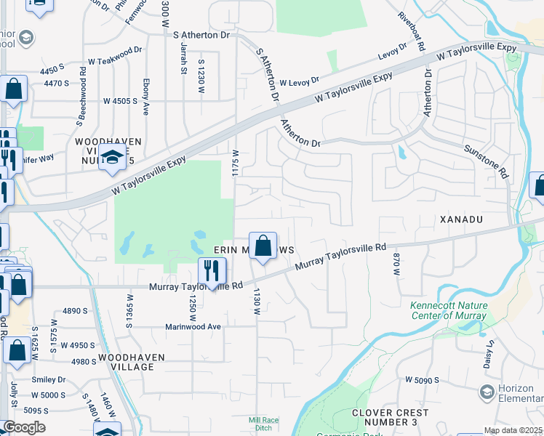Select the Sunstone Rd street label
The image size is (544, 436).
click(485, 161)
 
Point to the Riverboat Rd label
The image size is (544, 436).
click(412, 31)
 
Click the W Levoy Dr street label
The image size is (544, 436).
click(299, 83)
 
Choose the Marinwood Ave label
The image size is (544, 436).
click(193, 327)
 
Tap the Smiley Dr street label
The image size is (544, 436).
click(49, 379)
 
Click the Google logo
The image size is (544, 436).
click(24, 427)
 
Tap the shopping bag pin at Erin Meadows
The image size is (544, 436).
click(263, 246)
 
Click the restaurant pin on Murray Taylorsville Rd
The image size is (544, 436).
click(212, 272)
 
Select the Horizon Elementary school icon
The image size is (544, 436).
click(487, 392)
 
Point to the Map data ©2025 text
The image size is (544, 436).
click(513, 430)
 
